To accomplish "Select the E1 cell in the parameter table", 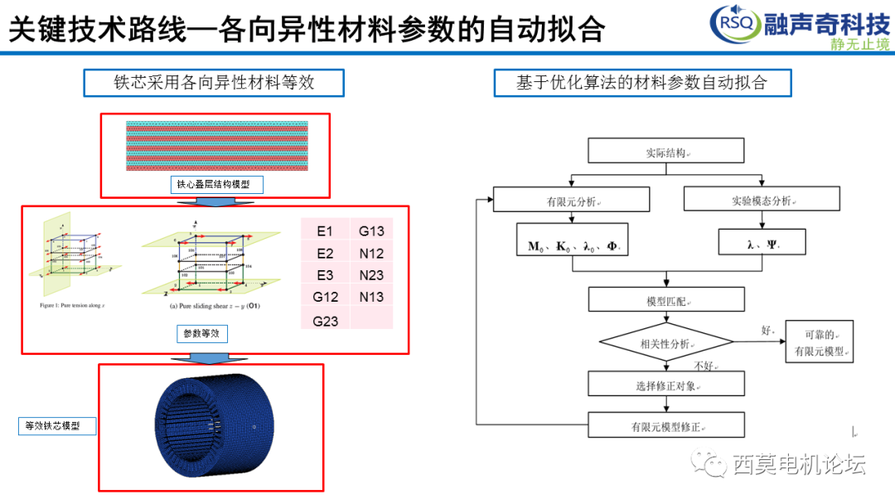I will (x=324, y=231).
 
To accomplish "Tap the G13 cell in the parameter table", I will (x=371, y=231).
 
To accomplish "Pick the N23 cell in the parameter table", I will (x=371, y=275).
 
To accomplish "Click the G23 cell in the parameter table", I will (x=325, y=320).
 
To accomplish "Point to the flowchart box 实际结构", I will (x=665, y=151).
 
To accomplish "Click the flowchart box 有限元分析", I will (x=571, y=199).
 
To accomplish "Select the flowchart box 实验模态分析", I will (x=761, y=199).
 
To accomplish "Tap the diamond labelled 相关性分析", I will (x=665, y=342).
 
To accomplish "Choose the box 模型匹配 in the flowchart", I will (x=665, y=299).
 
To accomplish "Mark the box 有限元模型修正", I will (x=665, y=425).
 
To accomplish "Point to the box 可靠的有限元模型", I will (x=819, y=342).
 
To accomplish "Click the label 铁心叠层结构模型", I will (x=216, y=184).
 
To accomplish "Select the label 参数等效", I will (x=202, y=333).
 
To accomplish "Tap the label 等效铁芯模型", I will (x=56, y=426).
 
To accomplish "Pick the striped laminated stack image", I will (x=216, y=146).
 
